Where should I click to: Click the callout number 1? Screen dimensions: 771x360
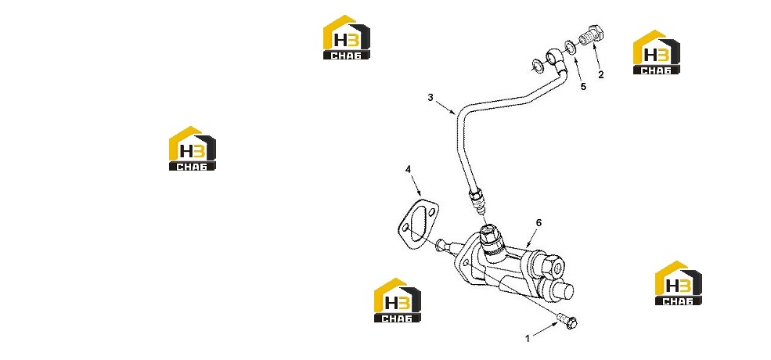pyautogui.click(x=528, y=339)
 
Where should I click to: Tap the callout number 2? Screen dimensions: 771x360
pyautogui.click(x=601, y=75)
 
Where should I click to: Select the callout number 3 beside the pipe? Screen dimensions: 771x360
pyautogui.click(x=431, y=97)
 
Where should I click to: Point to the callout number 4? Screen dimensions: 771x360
pyautogui.click(x=408, y=169)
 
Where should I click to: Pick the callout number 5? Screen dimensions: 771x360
pyautogui.click(x=583, y=87)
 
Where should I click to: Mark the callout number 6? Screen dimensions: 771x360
pyautogui.click(x=539, y=223)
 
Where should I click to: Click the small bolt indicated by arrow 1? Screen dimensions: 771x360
pyautogui.click(x=567, y=321)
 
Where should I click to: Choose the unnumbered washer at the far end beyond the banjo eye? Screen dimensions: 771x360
pyautogui.click(x=537, y=64)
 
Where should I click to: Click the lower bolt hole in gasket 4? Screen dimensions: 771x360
pyautogui.click(x=406, y=229)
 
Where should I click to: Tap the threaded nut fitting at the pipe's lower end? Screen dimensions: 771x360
pyautogui.click(x=477, y=197)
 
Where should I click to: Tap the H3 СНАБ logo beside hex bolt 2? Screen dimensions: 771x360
pyautogui.click(x=657, y=52)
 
